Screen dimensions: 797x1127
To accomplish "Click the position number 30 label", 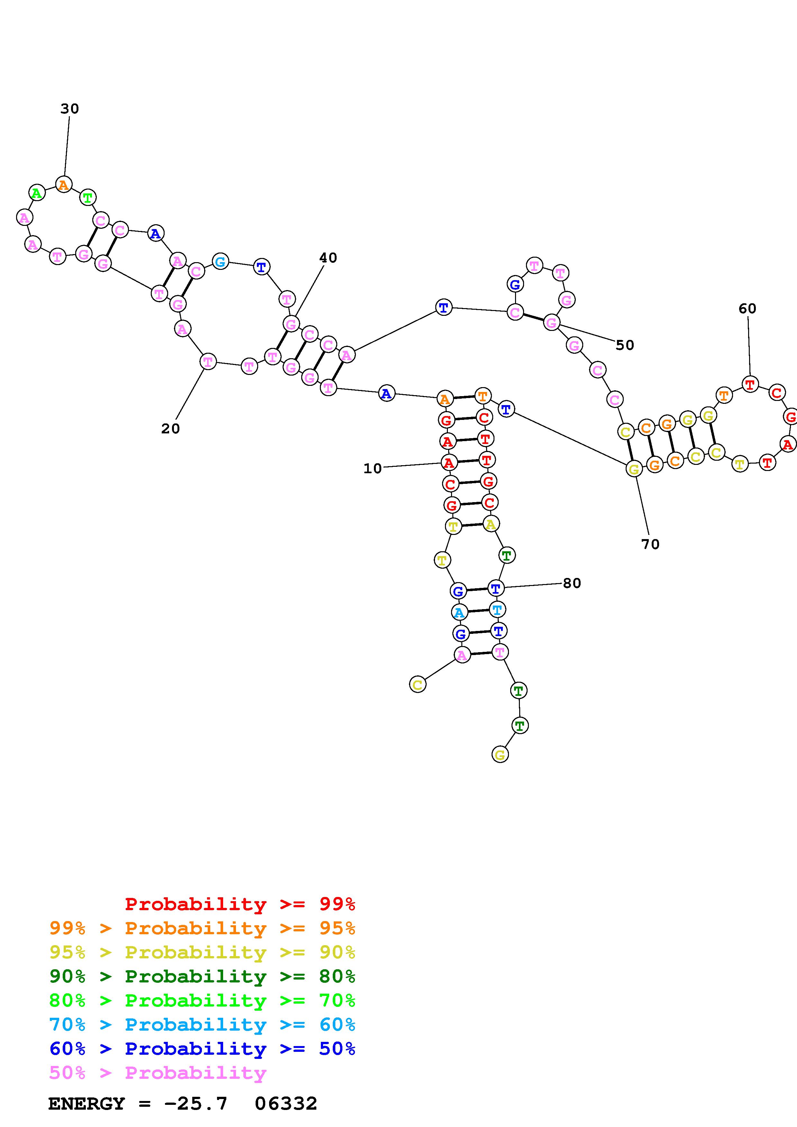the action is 70,109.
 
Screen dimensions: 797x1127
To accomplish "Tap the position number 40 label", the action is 328,258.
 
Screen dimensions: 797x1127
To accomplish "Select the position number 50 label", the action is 625,346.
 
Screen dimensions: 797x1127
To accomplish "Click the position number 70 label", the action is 650,544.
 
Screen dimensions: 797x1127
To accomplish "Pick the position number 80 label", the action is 572,583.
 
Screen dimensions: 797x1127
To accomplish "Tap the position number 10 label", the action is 372,469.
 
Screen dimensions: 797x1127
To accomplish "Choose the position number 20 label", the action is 170,429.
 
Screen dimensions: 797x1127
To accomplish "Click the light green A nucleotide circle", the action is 37,193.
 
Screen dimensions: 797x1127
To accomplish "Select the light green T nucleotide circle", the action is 87,198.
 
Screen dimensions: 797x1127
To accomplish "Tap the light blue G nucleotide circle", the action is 221,262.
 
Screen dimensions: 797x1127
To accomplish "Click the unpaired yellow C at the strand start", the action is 417,685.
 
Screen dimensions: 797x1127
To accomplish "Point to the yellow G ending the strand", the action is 500,755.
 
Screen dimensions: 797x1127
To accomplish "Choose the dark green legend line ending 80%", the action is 202,976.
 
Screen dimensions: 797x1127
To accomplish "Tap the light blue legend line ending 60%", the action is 202,1025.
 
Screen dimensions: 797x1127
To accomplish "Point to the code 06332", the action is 286,1104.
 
